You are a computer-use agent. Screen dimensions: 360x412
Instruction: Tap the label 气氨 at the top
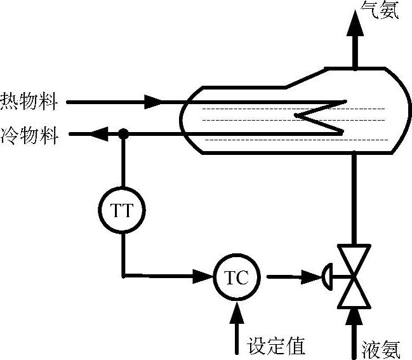[x=380, y=10]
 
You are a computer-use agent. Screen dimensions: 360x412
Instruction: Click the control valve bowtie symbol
[x=354, y=277]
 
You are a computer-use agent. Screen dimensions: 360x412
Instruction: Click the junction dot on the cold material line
[x=124, y=134]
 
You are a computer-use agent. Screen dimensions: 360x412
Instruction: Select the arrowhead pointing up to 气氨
[x=354, y=25]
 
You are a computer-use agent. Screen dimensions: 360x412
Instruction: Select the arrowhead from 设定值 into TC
[x=237, y=311]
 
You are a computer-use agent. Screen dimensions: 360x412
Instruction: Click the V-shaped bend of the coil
[x=300, y=115]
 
